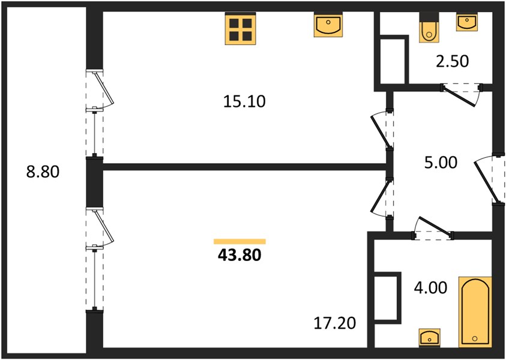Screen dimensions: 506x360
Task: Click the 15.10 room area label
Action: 244,101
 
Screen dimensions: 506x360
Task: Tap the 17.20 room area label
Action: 335,323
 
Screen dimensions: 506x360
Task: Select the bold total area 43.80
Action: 239,255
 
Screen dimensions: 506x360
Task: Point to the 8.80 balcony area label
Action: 43,172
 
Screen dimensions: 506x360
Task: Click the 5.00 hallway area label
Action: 441,162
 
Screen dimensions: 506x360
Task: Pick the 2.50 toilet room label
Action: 452,61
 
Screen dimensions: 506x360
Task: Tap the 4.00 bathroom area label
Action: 430,287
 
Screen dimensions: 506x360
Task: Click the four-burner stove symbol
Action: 241,28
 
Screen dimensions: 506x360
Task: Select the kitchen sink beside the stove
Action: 328,25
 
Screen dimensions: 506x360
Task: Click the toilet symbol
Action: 429,28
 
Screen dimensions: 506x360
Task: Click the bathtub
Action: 475,312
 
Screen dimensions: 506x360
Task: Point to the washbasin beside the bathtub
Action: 429,338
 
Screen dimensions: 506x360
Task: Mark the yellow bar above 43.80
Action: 239,242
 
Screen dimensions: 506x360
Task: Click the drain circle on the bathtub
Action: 474,338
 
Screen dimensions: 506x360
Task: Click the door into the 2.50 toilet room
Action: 461,94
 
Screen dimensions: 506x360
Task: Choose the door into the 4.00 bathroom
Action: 433,228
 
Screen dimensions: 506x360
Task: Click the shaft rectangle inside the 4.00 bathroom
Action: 387,298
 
